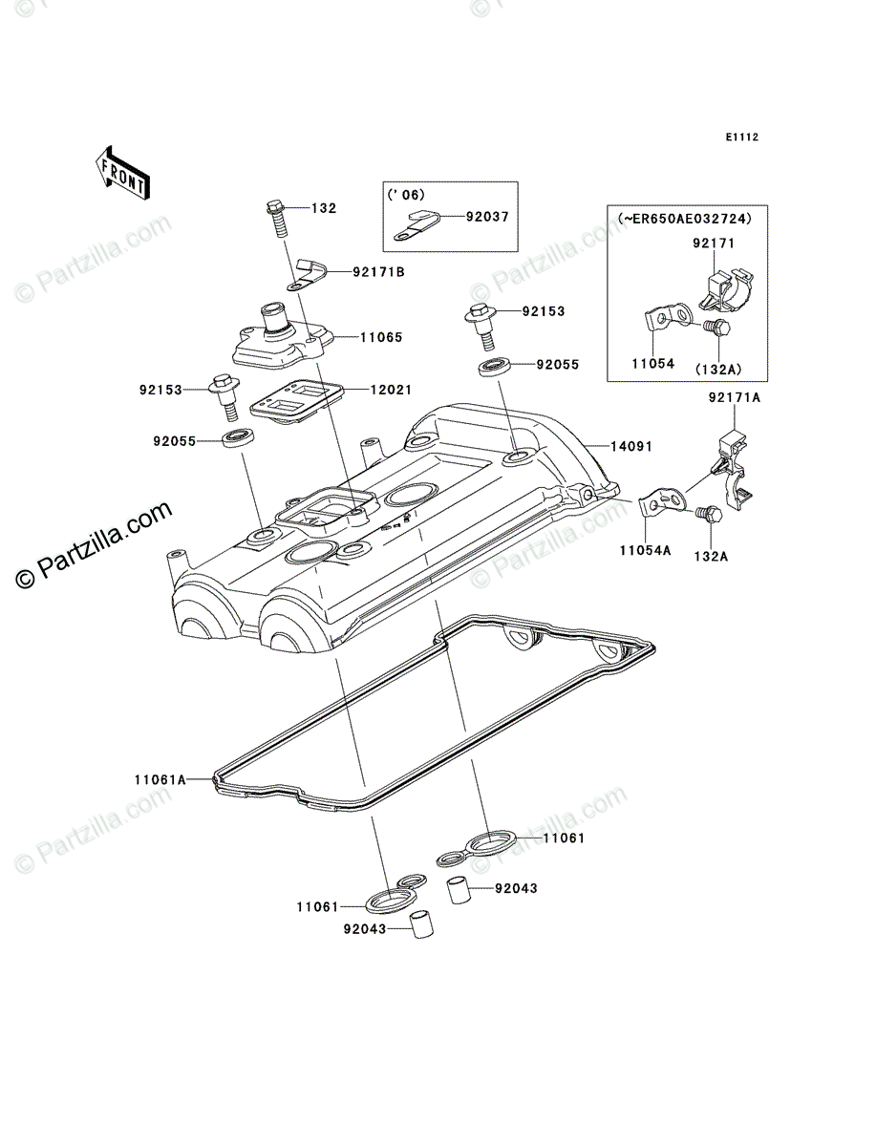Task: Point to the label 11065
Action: [381, 337]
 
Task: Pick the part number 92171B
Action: [378, 272]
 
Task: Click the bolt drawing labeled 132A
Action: [710, 516]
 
